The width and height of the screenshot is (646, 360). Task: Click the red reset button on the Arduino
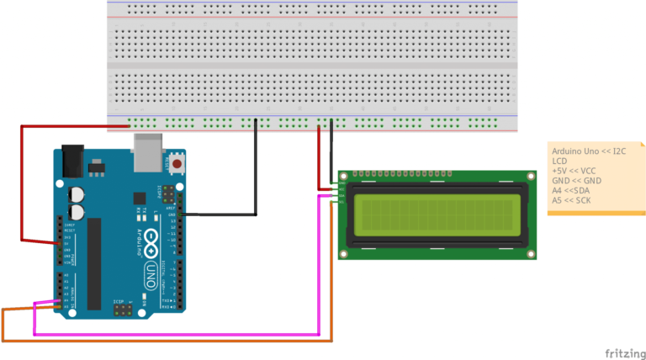[x=177, y=161]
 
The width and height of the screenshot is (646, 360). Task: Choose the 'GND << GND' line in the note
[x=577, y=181]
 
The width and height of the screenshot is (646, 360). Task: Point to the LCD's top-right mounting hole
[x=530, y=176]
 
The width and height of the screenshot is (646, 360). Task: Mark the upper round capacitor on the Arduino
[x=77, y=193]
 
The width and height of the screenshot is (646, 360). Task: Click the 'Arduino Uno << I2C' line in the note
[x=589, y=151]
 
